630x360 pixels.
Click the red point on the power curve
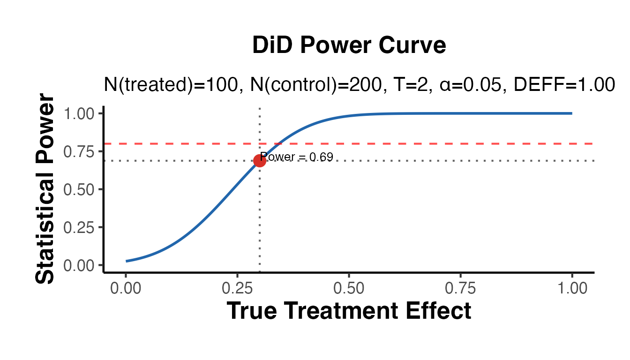(x=260, y=161)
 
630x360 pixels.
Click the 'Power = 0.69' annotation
(x=297, y=157)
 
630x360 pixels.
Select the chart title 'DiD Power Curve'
(x=349, y=46)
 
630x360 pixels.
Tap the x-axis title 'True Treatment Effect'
(x=349, y=311)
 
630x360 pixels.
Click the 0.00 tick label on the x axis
(x=126, y=288)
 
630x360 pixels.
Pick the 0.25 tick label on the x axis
(x=237, y=288)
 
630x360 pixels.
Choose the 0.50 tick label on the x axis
(x=349, y=288)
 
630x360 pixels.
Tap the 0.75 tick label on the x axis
(x=460, y=288)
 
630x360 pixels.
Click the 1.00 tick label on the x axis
(x=572, y=288)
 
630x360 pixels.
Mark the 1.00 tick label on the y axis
(x=80, y=113)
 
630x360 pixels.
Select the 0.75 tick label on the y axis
(x=80, y=151)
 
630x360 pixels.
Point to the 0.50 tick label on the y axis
(x=80, y=189)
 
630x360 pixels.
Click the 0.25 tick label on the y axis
(x=80, y=227)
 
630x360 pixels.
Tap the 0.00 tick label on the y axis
(x=80, y=265)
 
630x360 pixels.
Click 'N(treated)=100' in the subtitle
(x=170, y=85)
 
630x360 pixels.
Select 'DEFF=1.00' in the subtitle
(x=564, y=85)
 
